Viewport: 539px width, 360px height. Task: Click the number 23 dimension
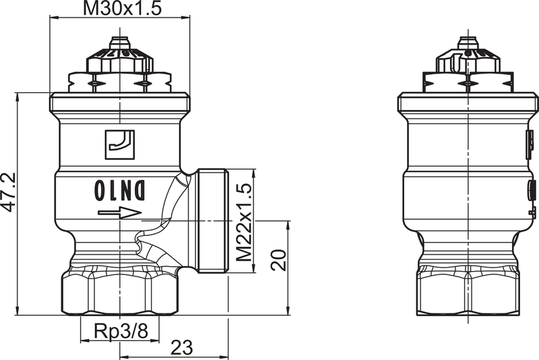tap(181, 347)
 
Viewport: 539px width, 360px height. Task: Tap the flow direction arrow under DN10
tap(119, 214)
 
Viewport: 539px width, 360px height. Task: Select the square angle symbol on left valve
tap(120, 143)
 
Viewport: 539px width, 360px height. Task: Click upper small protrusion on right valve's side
tap(530, 142)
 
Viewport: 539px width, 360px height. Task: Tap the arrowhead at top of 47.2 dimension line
tap(18, 98)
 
